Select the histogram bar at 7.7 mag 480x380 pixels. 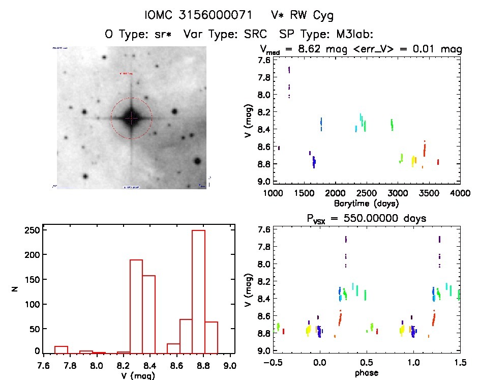click(x=61, y=349)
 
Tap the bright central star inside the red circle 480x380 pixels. click(x=131, y=118)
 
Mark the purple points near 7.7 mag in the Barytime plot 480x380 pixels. click(x=289, y=70)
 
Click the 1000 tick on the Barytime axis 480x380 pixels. click(x=274, y=194)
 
